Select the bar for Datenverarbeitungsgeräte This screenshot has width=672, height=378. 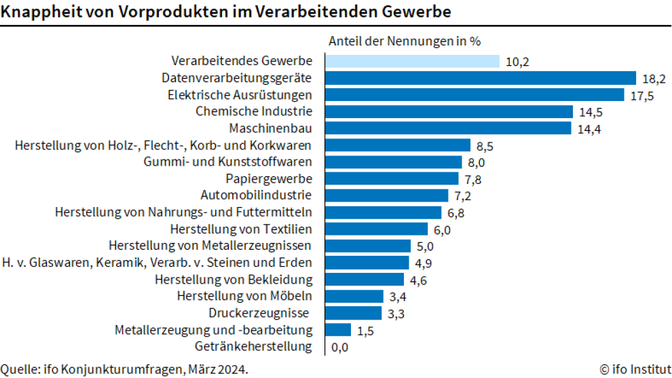click(x=481, y=78)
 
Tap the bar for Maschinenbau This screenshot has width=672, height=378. click(x=448, y=128)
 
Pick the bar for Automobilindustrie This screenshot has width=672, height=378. click(x=387, y=195)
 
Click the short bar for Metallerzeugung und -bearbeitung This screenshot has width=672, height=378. click(x=338, y=330)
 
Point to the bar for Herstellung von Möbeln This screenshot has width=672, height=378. click(x=354, y=296)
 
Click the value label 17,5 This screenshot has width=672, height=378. click(x=641, y=96)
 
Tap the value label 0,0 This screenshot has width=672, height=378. click(x=339, y=347)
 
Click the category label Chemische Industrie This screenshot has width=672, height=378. click(x=254, y=111)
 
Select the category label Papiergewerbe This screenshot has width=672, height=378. click(x=269, y=178)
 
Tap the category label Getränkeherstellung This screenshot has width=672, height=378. click(x=253, y=347)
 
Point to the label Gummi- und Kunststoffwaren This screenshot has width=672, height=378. click(x=228, y=162)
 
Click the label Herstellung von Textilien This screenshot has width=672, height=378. click(x=241, y=229)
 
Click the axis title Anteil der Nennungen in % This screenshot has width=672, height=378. click(x=404, y=41)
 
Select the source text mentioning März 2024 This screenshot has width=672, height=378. click(x=124, y=369)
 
